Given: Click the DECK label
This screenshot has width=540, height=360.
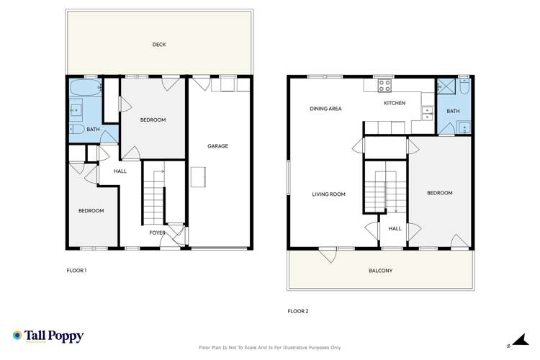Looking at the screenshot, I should [x=159, y=45].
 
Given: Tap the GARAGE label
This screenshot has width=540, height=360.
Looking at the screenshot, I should [x=217, y=146].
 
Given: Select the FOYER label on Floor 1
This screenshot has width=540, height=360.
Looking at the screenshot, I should [x=157, y=233].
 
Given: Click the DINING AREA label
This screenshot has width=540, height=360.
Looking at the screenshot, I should [x=325, y=109].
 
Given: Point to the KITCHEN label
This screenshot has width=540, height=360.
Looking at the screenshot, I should [x=395, y=103].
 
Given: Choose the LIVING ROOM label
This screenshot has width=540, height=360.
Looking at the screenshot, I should [x=329, y=194].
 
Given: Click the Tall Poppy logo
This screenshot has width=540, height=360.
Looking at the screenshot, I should [x=48, y=336].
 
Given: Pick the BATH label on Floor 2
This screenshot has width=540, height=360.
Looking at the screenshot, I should [x=453, y=111].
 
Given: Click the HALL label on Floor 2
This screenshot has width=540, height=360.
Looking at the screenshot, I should [x=395, y=228].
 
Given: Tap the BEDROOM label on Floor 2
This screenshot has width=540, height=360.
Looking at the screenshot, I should [x=439, y=193].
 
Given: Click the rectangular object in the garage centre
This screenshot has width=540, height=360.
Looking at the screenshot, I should [x=198, y=176].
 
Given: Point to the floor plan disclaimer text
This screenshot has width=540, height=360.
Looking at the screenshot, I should [x=270, y=348].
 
